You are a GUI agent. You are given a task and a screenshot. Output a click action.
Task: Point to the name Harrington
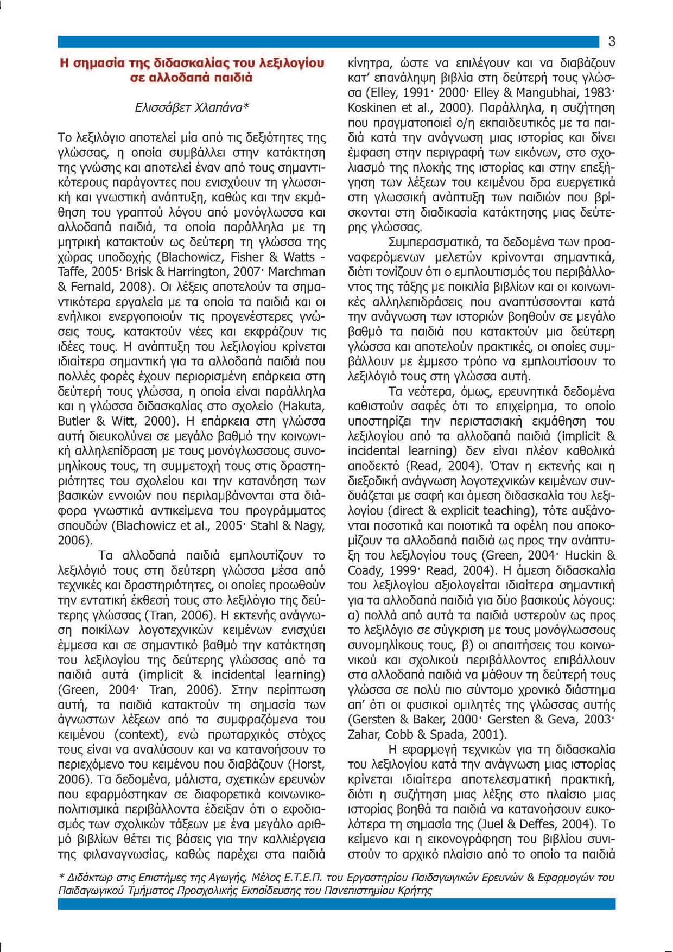coord(183,271)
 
